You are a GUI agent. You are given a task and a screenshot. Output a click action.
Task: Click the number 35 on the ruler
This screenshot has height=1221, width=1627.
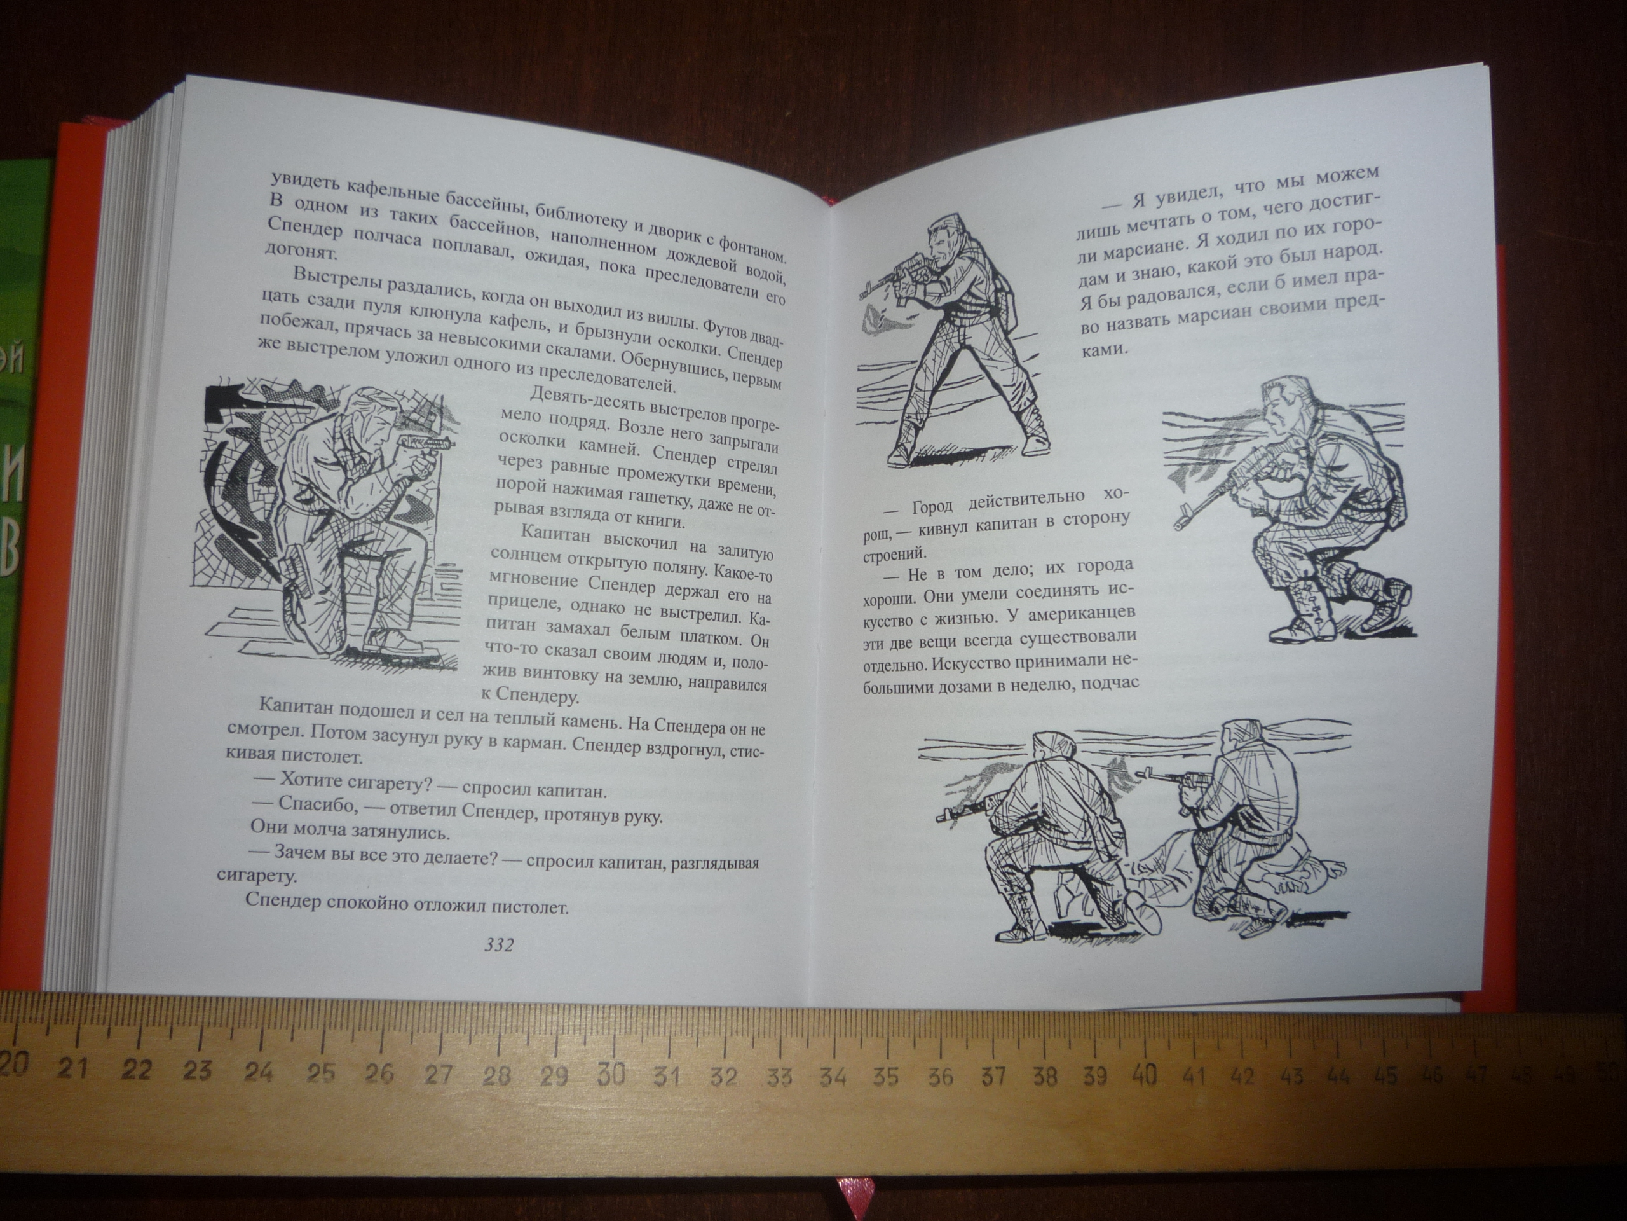click(x=885, y=1076)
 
